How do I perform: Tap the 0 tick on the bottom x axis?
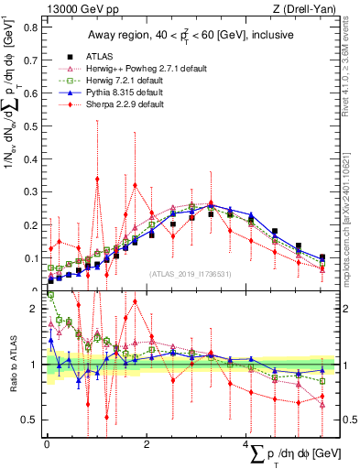click(47, 444)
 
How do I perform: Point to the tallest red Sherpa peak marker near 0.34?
click(97, 180)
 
